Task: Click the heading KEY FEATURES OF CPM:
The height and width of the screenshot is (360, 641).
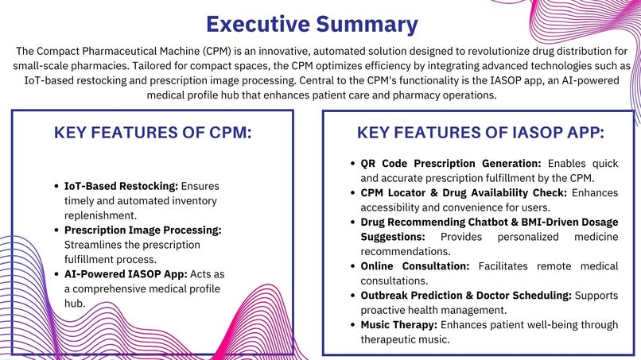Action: pos(153,133)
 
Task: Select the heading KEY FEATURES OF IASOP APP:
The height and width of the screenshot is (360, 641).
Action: pos(480,133)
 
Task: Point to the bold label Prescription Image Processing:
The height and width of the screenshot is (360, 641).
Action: pos(143,230)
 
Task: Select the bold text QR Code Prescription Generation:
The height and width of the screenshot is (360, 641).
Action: pos(451,164)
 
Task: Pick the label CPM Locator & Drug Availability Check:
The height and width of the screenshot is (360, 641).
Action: pos(466,192)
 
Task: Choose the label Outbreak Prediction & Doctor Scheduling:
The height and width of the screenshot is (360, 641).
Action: pos(466,295)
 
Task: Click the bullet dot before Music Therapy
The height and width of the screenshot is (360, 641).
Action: pos(353,324)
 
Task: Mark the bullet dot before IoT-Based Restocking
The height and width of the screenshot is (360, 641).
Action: pos(56,186)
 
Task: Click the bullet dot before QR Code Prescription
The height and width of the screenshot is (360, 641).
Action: pos(353,164)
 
